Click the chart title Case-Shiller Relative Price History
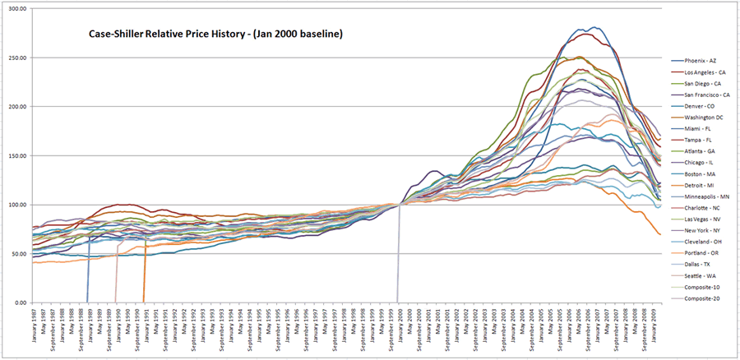point(215,35)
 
